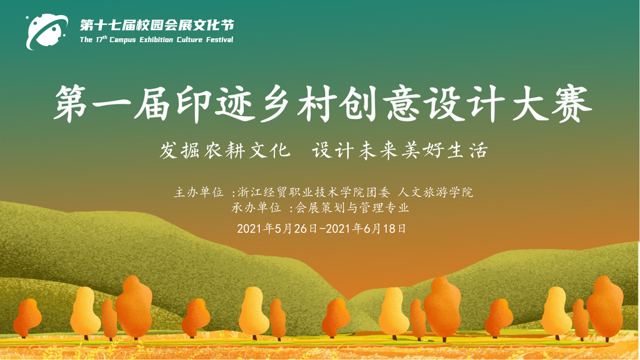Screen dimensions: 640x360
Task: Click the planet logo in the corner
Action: coord(46,31)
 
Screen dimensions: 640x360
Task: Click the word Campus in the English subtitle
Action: coord(122,40)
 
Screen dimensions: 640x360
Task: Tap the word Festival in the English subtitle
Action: coord(219,40)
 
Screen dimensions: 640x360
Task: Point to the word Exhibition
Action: coord(157,40)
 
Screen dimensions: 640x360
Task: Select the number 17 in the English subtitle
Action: coord(99,40)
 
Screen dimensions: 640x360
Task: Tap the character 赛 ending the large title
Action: coord(572,103)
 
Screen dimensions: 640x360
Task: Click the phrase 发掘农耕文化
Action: coord(225,151)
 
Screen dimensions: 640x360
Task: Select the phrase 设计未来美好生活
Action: coord(400,151)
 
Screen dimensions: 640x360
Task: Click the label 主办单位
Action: coord(199,192)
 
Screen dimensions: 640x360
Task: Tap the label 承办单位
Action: coord(256,208)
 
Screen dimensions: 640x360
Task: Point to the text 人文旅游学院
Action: coord(435,192)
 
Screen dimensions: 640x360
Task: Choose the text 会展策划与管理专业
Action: coord(352,208)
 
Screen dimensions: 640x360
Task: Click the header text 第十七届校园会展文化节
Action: coord(157,25)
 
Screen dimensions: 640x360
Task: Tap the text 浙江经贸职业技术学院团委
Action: coord(314,192)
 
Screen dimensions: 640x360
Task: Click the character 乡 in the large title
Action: coord(278,103)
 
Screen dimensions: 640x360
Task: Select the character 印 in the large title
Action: coord(194,103)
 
